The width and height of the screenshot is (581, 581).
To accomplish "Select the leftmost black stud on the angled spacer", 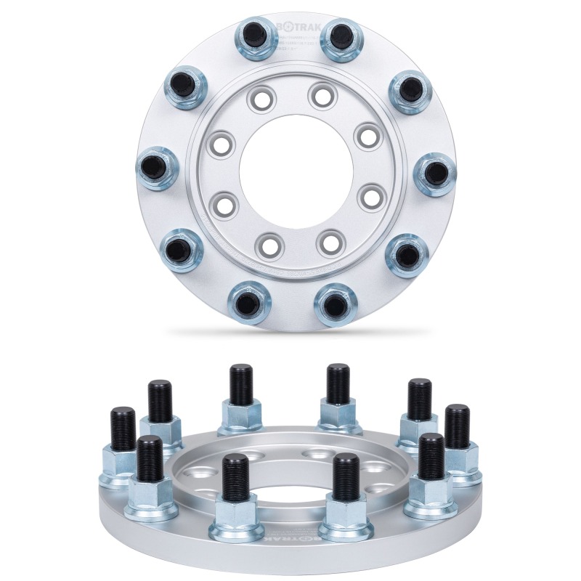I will (123, 428).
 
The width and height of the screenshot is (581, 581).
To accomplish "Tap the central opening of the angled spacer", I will (290, 472).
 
